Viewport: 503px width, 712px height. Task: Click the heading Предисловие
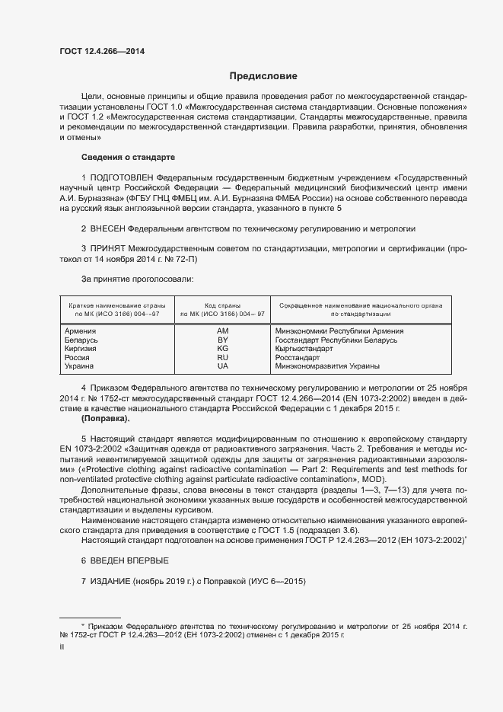pyautogui.click(x=263, y=76)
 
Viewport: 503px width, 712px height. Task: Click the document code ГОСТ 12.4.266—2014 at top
pyautogui.click(x=102, y=51)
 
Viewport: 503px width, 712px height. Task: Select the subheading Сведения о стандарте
pyautogui.click(x=128, y=157)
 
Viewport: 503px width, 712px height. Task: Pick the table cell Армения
pyautogui.click(x=80, y=331)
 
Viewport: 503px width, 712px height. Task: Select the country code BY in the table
pyautogui.click(x=222, y=340)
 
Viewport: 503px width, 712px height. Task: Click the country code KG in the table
pyautogui.click(x=222, y=348)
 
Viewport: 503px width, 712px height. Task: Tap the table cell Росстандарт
pyautogui.click(x=300, y=357)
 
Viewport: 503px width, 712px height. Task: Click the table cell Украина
pyautogui.click(x=79, y=366)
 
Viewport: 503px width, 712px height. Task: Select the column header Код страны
pyautogui.click(x=222, y=305)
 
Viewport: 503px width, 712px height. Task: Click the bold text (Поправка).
pyautogui.click(x=105, y=419)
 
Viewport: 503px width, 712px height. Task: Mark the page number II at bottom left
pyautogui.click(x=62, y=647)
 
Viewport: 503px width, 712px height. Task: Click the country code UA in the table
pyautogui.click(x=222, y=366)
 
